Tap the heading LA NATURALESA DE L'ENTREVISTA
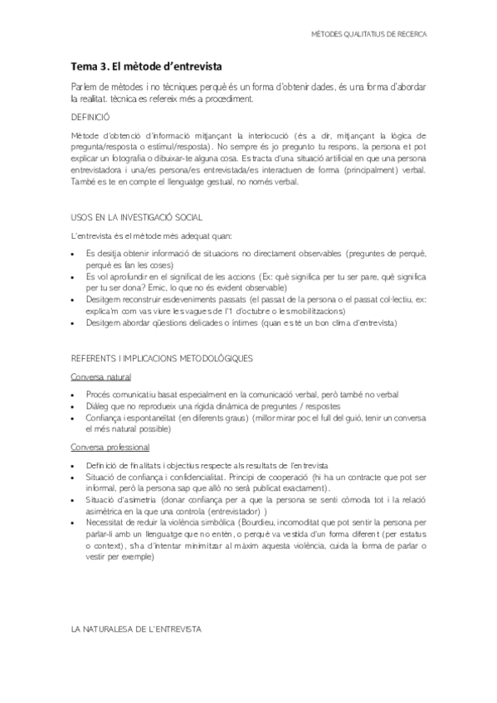[x=136, y=630]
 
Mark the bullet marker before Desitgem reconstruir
[x=76, y=299]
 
